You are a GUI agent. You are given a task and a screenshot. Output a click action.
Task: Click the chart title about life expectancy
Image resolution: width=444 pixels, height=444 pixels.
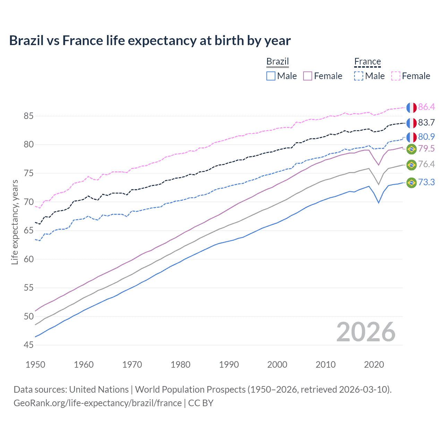150,41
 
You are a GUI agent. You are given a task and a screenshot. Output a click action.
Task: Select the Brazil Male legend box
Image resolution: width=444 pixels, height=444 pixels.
271,76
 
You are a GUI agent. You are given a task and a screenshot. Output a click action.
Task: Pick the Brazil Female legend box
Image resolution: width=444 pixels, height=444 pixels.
308,76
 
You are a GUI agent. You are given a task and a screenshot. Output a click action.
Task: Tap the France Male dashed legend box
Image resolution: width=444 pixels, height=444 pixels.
359,76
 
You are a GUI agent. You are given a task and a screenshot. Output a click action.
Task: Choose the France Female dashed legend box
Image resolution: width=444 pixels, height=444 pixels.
395,76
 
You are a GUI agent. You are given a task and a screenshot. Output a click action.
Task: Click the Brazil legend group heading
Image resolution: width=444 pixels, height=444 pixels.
277,61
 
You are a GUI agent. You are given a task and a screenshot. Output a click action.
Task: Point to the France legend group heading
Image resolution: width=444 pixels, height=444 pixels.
367,61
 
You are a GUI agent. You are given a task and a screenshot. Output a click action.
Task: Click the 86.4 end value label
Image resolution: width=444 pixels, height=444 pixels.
426,107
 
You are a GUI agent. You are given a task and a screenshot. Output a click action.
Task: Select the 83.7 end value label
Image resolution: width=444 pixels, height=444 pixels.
426,122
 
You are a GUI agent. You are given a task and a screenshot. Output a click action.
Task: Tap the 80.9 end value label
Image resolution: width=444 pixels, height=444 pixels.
426,137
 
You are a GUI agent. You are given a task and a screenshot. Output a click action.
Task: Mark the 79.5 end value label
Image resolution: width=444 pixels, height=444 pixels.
426,149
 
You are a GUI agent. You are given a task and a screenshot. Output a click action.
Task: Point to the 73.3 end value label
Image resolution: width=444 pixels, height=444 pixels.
426,182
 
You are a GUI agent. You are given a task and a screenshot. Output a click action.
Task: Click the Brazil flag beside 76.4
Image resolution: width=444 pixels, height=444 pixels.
411,165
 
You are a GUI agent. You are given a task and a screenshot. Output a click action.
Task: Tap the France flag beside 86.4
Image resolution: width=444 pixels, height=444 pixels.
411,108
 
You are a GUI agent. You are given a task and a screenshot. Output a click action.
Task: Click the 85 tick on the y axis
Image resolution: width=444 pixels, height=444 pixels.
28,116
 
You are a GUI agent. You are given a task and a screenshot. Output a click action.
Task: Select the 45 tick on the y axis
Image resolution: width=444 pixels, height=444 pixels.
28,345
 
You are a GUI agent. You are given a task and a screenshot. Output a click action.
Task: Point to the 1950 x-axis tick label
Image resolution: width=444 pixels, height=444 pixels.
35,365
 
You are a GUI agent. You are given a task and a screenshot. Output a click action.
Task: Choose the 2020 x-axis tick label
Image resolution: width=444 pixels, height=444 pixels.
374,365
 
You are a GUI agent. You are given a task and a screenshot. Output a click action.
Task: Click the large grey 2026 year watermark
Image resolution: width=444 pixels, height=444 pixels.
366,332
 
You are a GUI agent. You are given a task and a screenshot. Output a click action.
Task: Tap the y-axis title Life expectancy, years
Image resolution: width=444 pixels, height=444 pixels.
15,222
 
